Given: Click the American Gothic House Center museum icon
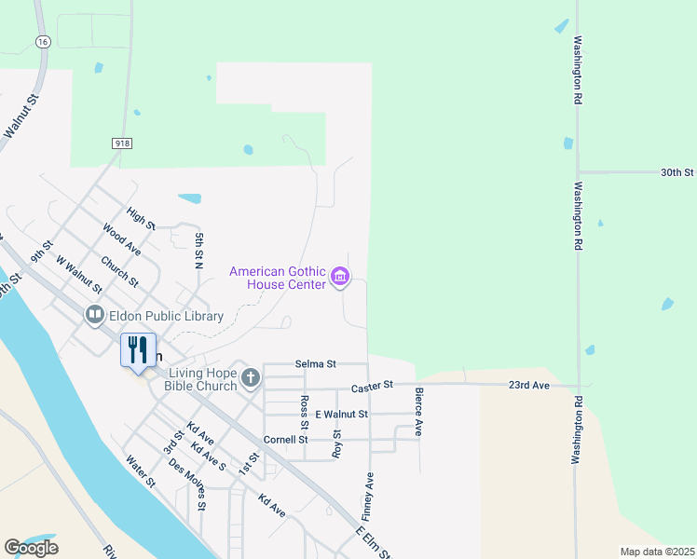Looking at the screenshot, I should click(x=340, y=278).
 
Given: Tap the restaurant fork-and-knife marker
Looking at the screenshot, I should click(x=138, y=350).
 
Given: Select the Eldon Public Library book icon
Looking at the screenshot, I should click(x=94, y=316).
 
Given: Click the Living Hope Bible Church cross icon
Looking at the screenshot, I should click(x=250, y=378).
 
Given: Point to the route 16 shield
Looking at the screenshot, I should click(x=43, y=42).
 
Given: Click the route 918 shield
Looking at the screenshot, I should click(x=121, y=143).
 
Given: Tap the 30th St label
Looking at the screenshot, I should click(x=677, y=172).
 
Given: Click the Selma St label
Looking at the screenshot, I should click(x=315, y=363).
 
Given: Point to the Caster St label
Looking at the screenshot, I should click(x=373, y=385).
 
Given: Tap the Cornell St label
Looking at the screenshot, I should click(x=285, y=439).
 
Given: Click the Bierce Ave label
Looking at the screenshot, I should click(x=419, y=412).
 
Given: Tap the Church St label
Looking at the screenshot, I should click(x=119, y=271).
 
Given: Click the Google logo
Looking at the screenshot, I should click(x=31, y=548).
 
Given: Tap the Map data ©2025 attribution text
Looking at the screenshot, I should click(x=657, y=552).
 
